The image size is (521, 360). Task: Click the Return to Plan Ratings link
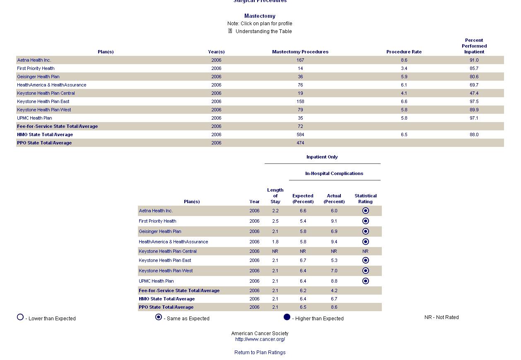pos(260,353)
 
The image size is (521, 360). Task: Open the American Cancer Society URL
pos(260,339)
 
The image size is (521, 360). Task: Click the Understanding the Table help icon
pos(230,31)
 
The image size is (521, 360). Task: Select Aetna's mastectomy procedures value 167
pos(300,60)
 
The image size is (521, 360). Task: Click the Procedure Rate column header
pos(404,52)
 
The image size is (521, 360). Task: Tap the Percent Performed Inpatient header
pos(474,46)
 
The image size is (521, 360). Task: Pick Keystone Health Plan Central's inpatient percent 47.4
pos(474,93)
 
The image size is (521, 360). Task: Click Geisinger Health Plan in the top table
pos(38,77)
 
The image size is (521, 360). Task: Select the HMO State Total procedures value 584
pos(300,134)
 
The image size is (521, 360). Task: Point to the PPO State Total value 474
pos(300,143)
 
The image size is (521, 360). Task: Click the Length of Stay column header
pos(275,196)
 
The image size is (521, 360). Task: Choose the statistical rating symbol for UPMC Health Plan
pos(365,281)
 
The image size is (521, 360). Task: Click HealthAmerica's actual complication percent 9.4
pos(334,242)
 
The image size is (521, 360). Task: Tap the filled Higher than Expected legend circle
pos(287,317)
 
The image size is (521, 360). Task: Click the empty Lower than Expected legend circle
pos(20,317)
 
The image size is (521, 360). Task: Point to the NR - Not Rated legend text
pos(441,317)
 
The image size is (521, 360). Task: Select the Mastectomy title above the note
pos(260,16)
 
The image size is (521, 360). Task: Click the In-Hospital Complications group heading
pos(334,173)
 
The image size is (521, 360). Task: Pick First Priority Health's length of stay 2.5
pos(275,221)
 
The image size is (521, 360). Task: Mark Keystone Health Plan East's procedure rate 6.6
pos(404,101)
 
